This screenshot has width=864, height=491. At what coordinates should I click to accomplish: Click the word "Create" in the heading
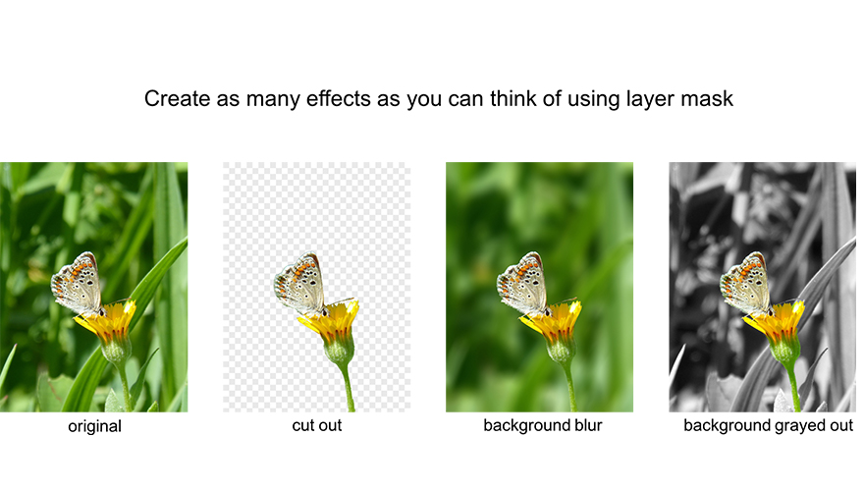point(171,99)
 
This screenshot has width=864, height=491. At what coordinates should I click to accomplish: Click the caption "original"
point(94,426)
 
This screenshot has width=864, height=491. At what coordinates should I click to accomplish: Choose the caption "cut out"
point(317,426)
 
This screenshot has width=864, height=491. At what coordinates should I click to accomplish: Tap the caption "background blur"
point(542,426)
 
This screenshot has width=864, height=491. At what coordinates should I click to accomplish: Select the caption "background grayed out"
point(768,426)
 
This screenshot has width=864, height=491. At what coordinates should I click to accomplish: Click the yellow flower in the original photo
point(113,321)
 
